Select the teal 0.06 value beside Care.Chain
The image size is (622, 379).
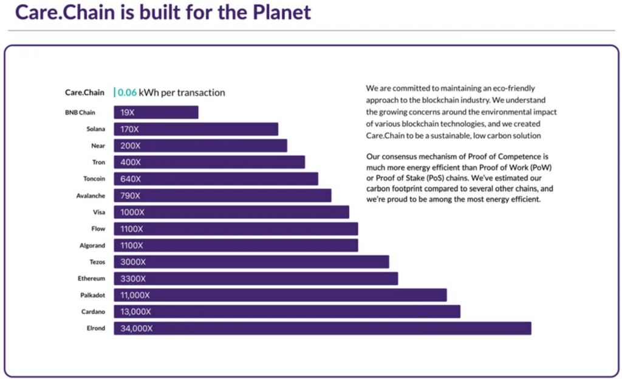pyautogui.click(x=127, y=93)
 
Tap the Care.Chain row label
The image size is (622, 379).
pyautogui.click(x=84, y=93)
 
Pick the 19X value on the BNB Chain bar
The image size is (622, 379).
pyautogui.click(x=128, y=113)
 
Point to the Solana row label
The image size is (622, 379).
pyautogui.click(x=95, y=129)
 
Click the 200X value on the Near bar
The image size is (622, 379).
pyautogui.click(x=130, y=146)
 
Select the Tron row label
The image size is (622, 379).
pyautogui.click(x=98, y=163)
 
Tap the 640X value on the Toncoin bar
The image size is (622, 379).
pyautogui.click(x=131, y=179)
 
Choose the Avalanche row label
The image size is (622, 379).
pyautogui.click(x=90, y=196)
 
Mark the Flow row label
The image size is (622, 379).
pyautogui.click(x=98, y=229)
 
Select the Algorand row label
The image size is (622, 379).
pyautogui.click(x=91, y=246)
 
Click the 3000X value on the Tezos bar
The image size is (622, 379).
pyautogui.click(x=133, y=262)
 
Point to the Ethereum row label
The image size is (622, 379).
pyautogui.click(x=91, y=278)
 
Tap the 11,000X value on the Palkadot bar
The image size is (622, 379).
pyautogui.click(x=135, y=295)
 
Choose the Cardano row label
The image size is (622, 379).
pyautogui.click(x=92, y=312)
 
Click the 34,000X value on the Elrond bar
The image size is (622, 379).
pyautogui.click(x=137, y=328)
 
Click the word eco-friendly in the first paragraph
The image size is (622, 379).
pyautogui.click(x=514, y=89)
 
